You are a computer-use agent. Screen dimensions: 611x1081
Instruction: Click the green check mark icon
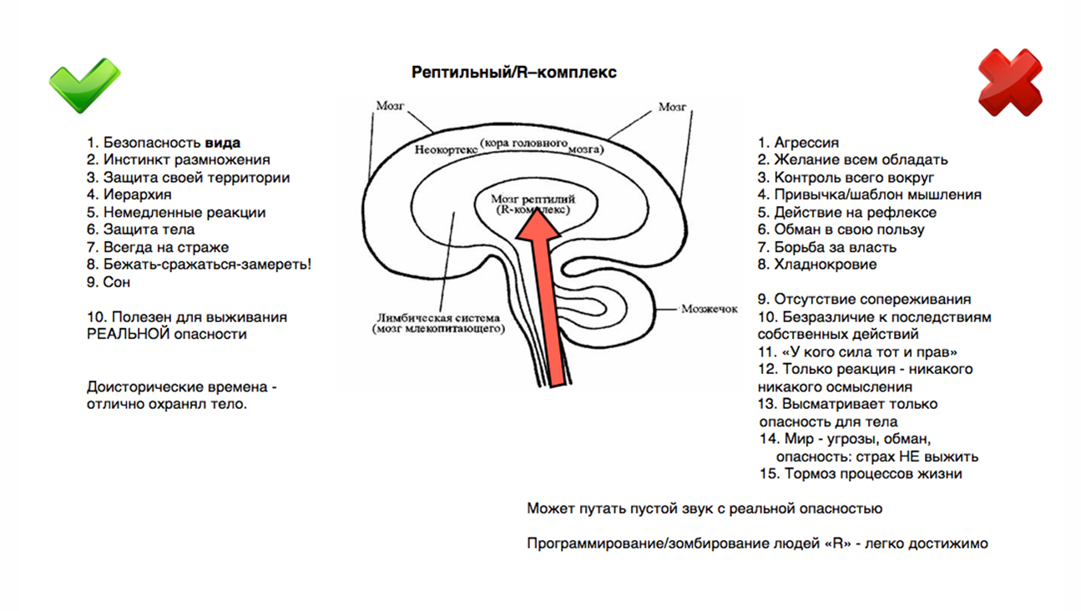[x=83, y=84]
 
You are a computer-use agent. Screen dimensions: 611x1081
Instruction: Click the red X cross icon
[x=1010, y=82]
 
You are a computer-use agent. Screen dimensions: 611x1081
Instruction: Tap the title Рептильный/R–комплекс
[x=514, y=73]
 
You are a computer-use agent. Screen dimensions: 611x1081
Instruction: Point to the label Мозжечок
[x=709, y=309]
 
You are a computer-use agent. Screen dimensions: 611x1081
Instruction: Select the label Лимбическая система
[x=437, y=317]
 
